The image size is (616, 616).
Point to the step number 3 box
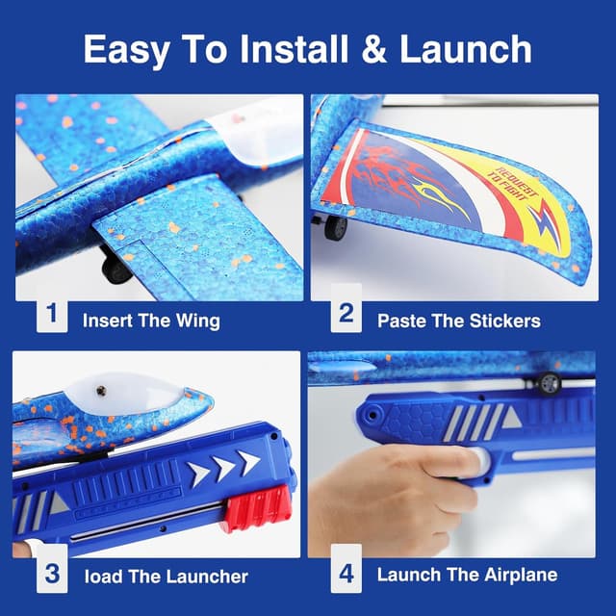click(x=52, y=575)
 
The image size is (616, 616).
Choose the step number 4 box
click(x=346, y=575)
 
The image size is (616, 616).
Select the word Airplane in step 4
click(x=517, y=576)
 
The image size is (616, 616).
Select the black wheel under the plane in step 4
click(x=550, y=383)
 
